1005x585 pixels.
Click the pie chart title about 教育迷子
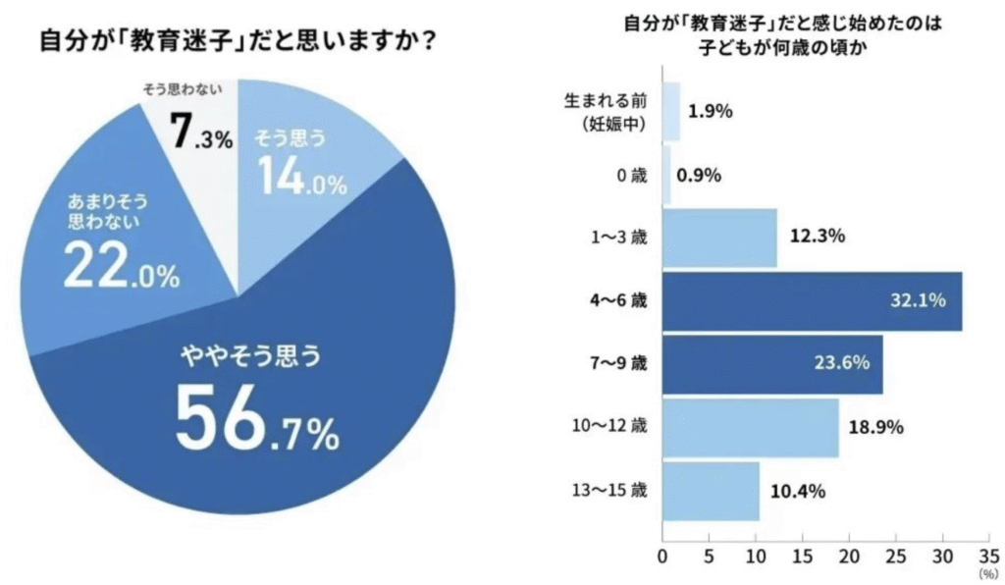238,43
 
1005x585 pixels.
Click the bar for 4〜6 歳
813,300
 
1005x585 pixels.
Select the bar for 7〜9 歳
772,363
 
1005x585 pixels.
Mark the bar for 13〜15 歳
712,490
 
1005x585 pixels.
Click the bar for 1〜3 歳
720,238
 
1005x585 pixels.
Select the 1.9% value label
711,111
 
